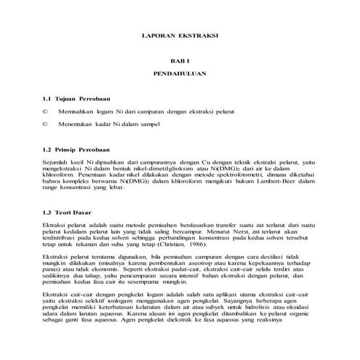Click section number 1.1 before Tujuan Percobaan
click(x=48, y=98)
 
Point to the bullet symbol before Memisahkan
click(x=45, y=113)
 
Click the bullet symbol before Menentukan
click(x=45, y=127)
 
